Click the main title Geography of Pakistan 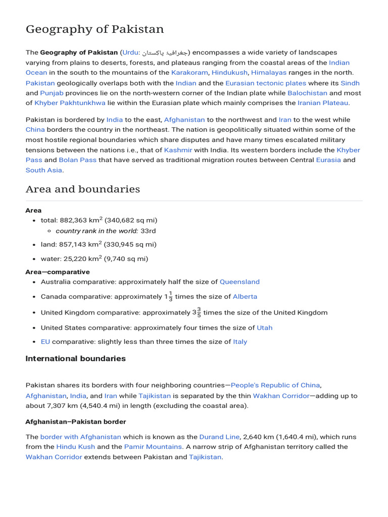(x=94, y=29)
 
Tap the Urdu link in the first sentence (x=130, y=53)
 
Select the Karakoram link (x=189, y=73)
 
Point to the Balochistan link (x=307, y=93)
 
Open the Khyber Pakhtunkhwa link (x=70, y=103)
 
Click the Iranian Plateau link (x=323, y=103)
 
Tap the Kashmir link (x=178, y=150)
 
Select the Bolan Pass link (x=77, y=160)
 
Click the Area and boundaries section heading (x=83, y=189)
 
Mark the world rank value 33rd (x=148, y=231)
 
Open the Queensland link (x=239, y=282)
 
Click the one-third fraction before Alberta (x=170, y=297)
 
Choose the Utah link (x=265, y=328)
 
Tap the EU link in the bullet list (x=45, y=342)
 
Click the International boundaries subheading (x=76, y=359)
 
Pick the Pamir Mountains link (x=153, y=447)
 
